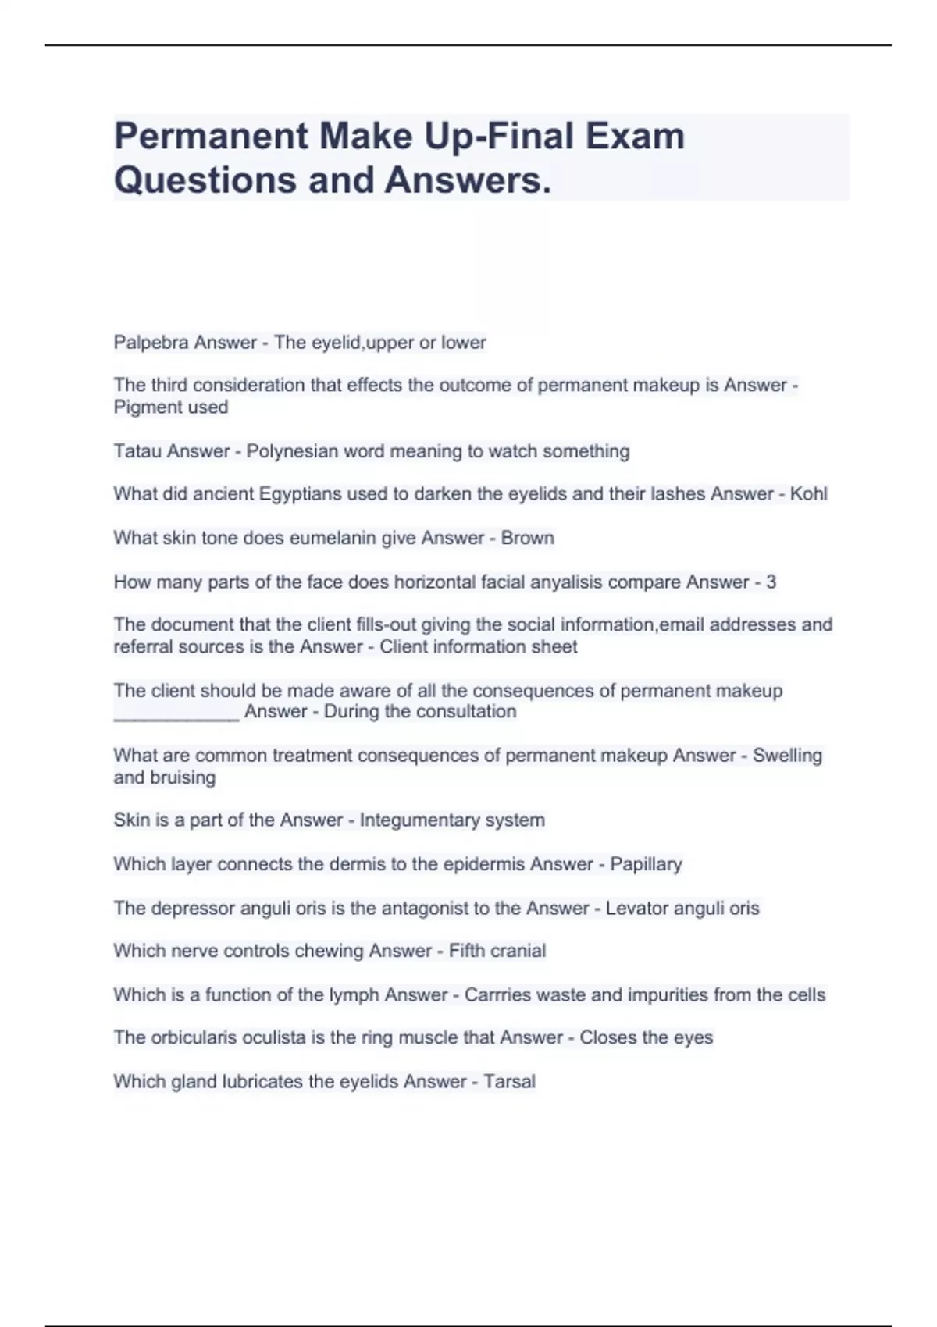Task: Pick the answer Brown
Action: point(528,538)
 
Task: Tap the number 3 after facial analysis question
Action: point(771,582)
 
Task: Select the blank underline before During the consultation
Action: point(176,713)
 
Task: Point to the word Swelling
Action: point(787,756)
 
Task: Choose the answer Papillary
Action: point(646,864)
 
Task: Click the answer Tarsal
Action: point(509,1082)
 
